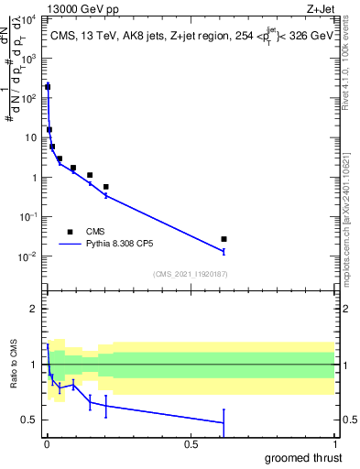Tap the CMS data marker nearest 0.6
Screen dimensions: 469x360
(224, 239)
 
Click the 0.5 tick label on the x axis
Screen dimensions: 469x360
(191, 443)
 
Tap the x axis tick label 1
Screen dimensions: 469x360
(333, 443)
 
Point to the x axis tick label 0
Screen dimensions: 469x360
(47, 443)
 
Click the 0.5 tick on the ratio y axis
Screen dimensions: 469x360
(31, 420)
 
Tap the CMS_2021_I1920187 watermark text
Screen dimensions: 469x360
(189, 273)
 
